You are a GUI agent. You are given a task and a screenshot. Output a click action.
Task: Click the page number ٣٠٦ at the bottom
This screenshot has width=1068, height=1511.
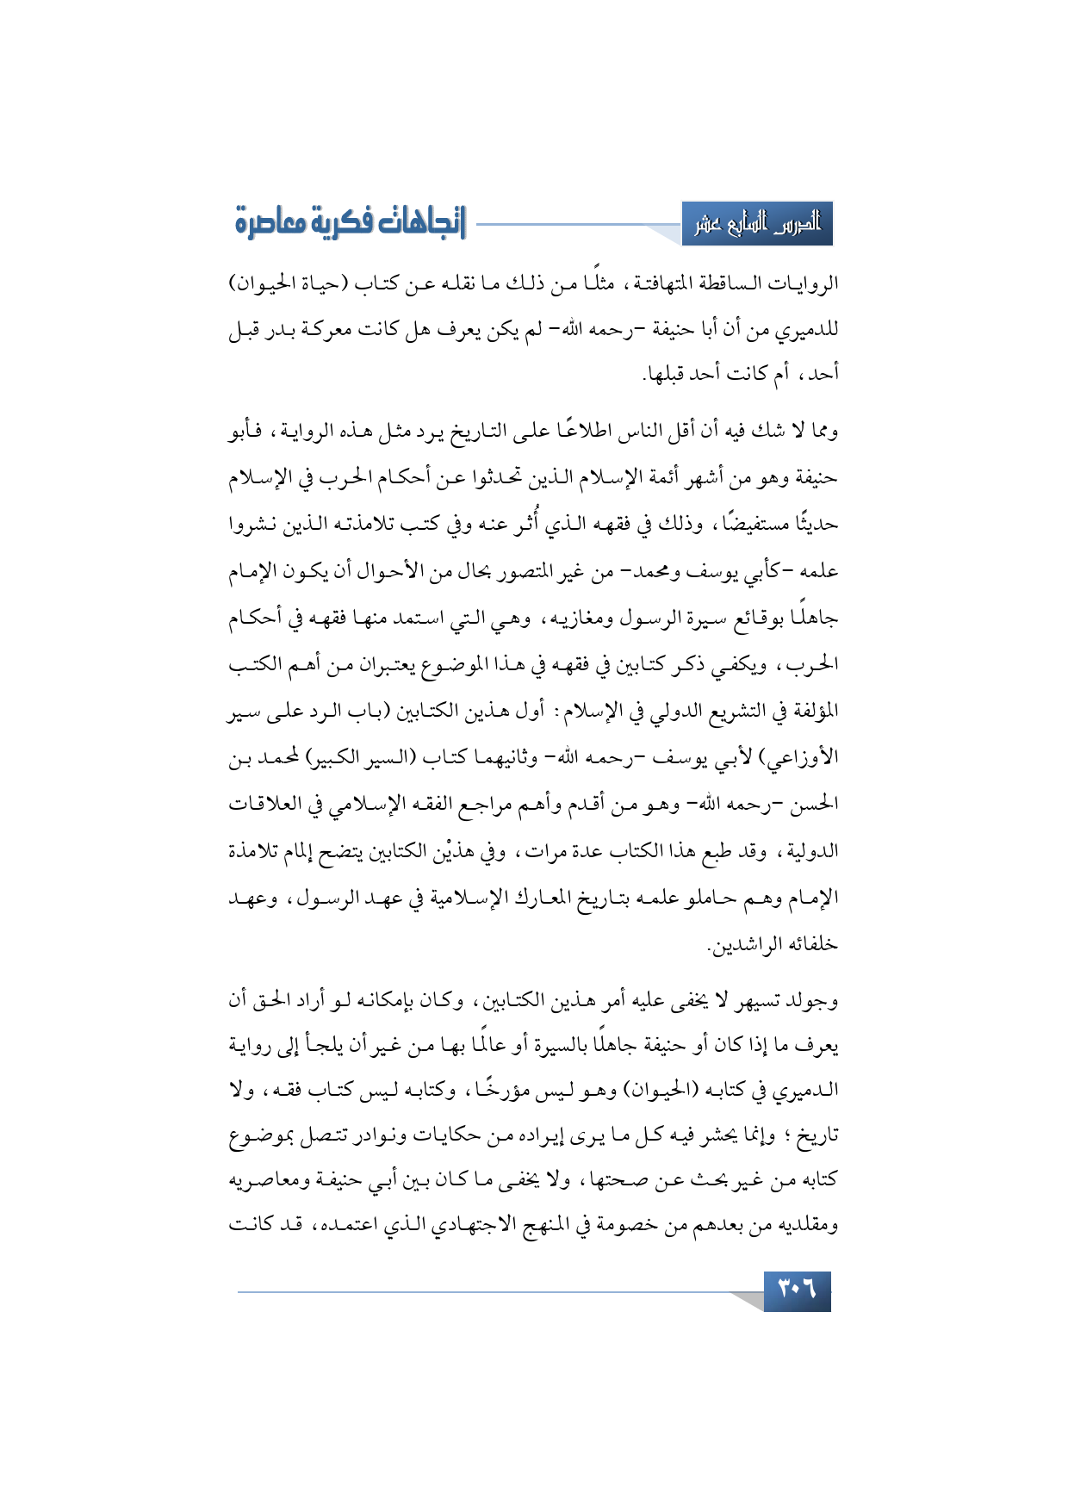click(797, 1290)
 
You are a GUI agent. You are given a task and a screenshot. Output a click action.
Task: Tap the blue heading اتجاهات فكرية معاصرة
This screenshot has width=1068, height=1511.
click(350, 223)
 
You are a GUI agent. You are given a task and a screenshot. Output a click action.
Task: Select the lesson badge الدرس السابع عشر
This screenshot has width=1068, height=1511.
click(757, 224)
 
